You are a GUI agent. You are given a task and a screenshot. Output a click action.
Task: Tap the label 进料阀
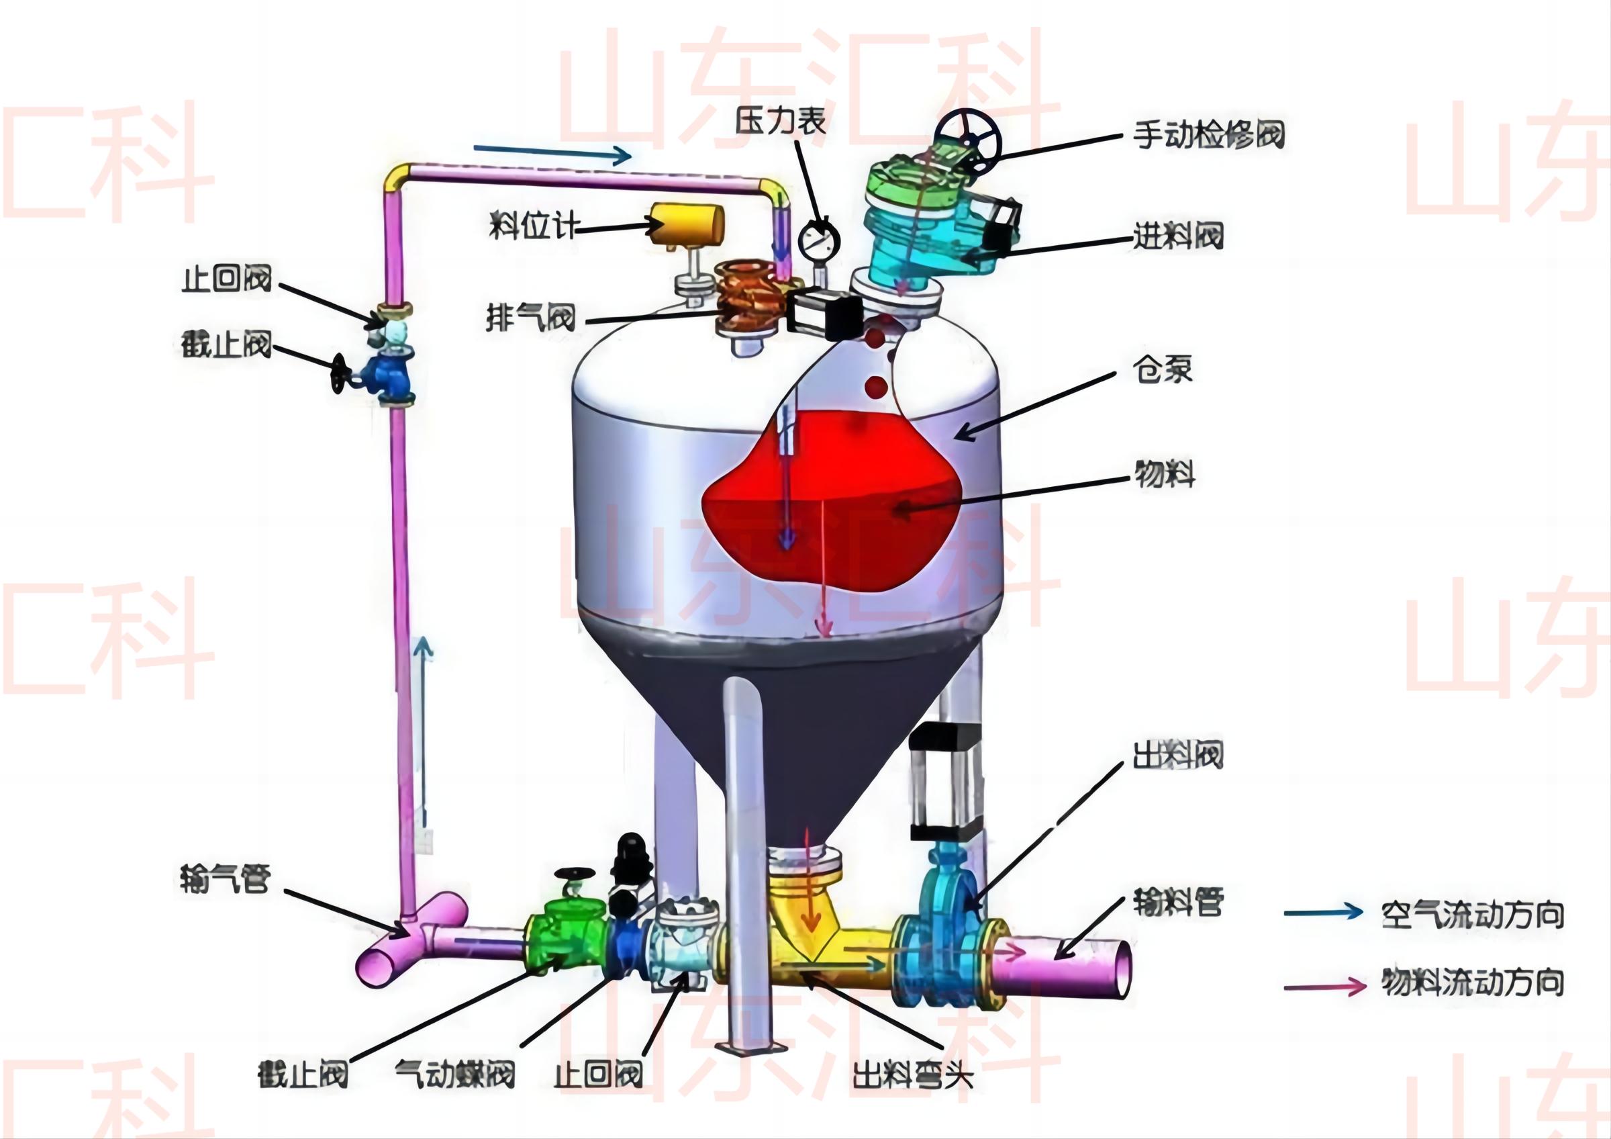tap(1178, 236)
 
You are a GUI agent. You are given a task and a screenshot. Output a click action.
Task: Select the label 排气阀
tap(531, 318)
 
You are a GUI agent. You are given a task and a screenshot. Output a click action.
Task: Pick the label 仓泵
tap(1163, 369)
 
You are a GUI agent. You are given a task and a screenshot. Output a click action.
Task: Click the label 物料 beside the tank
tap(1165, 474)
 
